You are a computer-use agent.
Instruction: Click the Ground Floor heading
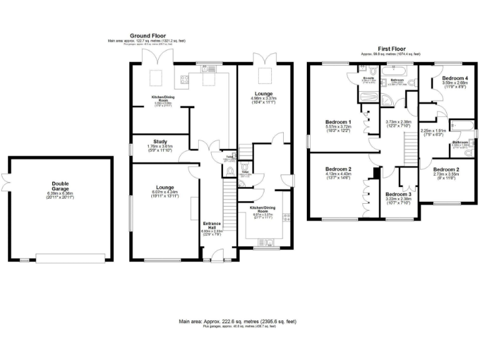point(147,36)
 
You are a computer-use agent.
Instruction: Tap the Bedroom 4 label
point(454,79)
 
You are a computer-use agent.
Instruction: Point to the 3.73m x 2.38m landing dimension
point(397,124)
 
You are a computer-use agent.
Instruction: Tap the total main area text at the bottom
point(237,321)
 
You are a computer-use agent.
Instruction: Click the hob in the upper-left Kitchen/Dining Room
point(185,79)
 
